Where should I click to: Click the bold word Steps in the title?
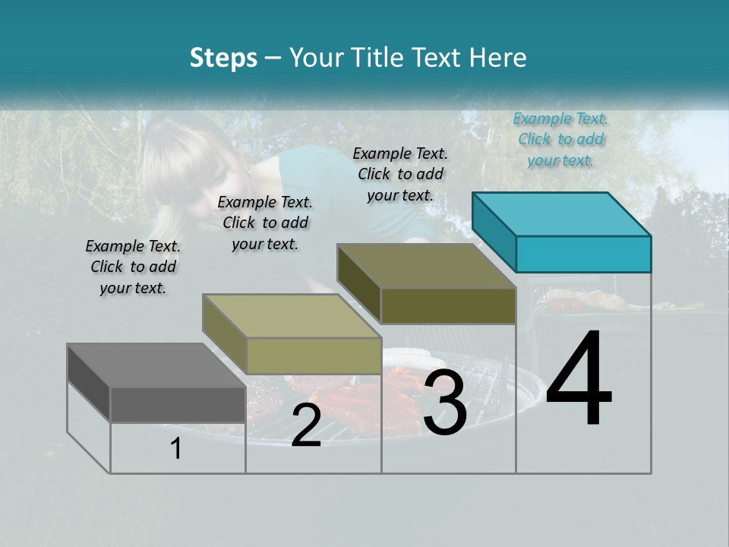pyautogui.click(x=223, y=58)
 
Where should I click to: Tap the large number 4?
pyautogui.click(x=579, y=379)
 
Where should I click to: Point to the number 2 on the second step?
pyautogui.click(x=306, y=425)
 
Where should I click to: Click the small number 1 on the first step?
pyautogui.click(x=175, y=449)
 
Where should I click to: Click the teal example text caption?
pyautogui.click(x=560, y=139)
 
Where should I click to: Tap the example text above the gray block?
pyautogui.click(x=133, y=267)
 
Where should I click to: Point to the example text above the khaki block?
pyautogui.click(x=265, y=223)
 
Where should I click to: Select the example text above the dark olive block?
pyautogui.click(x=400, y=174)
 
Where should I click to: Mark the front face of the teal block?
pyautogui.click(x=583, y=254)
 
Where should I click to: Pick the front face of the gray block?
pyautogui.click(x=178, y=404)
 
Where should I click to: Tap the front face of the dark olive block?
pyautogui.click(x=448, y=305)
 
